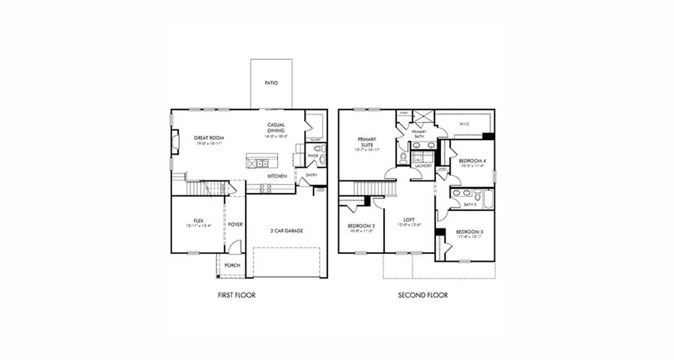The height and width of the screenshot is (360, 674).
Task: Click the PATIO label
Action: coord(271,83)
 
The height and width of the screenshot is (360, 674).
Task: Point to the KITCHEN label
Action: coord(278,176)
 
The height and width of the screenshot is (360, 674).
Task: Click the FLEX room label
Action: coord(198,221)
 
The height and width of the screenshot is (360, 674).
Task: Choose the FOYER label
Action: coord(235,224)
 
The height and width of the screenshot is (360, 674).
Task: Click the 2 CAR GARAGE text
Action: coord(287,231)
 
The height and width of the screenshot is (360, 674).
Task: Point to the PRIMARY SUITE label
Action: coord(366,142)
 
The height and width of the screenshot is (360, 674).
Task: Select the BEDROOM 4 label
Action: coord(471,161)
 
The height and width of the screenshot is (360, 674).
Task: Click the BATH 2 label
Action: coord(470,204)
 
